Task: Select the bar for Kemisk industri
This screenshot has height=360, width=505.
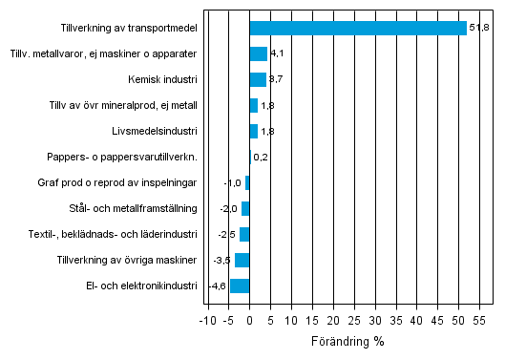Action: (258, 80)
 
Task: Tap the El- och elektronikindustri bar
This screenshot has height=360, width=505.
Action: (240, 286)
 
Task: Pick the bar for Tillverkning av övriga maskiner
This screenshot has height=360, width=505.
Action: (242, 260)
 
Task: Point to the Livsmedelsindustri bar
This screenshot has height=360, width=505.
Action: (253, 132)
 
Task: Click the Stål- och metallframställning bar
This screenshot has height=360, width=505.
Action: (245, 208)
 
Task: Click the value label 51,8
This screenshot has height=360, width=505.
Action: (479, 29)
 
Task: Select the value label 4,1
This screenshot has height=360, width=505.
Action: (277, 54)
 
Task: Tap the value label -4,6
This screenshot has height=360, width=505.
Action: (217, 286)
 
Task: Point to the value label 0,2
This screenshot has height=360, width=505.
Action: (261, 158)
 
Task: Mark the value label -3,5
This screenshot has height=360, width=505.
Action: (221, 260)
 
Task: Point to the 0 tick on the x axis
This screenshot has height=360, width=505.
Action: (249, 321)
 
